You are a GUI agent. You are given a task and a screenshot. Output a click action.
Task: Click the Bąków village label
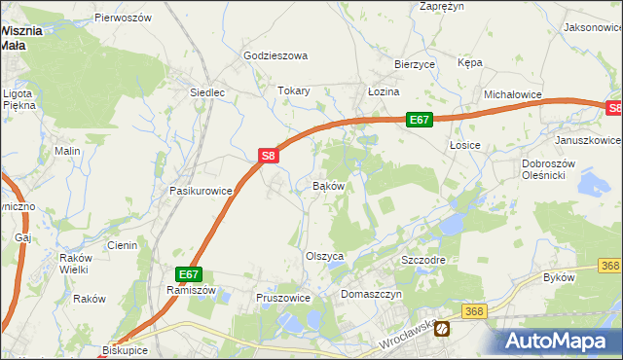coord(328,185)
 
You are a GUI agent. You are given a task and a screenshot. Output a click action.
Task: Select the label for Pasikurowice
coord(201,192)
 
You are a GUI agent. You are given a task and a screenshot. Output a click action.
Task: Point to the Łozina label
coord(384,91)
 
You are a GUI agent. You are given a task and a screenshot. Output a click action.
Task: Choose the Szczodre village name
coord(423,262)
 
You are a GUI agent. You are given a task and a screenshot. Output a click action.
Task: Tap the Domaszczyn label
coord(370,293)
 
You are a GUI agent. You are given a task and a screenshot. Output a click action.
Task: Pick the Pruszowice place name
coord(282,298)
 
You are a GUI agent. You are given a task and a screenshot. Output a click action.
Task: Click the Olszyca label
coord(326,256)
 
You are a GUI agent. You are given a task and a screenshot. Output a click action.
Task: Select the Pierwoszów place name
coord(124,18)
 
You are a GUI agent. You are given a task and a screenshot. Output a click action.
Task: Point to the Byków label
coord(559,278)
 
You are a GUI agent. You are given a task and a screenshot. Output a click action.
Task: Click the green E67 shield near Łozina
coord(419,120)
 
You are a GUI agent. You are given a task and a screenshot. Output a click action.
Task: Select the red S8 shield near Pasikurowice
coord(270,155)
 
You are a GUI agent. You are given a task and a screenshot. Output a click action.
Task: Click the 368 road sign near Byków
coord(609,266)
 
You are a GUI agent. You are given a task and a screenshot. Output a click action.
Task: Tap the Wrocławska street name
coord(406,336)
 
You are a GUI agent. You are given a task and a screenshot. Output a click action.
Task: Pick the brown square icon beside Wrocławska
coord(443,329)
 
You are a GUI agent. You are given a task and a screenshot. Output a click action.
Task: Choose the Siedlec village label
coord(206,93)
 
